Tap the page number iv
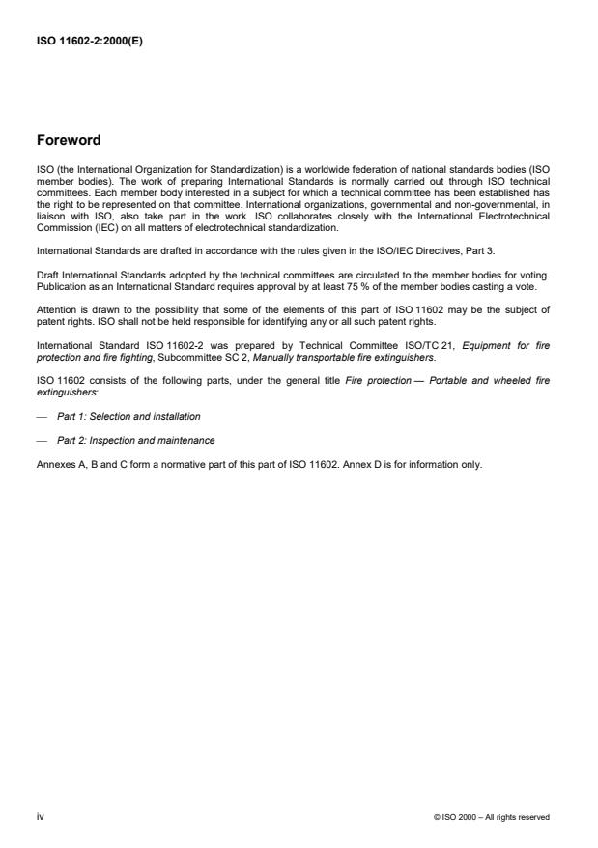point(40,816)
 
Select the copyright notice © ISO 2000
point(492,817)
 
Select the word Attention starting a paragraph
point(54,308)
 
